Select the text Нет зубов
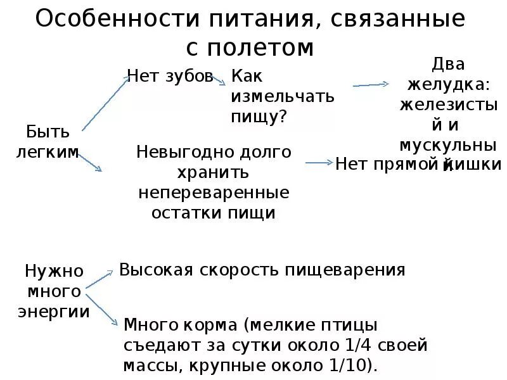coord(170,77)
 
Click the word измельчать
coord(282,97)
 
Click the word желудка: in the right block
coord(448,84)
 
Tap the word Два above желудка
coord(448,64)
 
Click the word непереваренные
coord(214,192)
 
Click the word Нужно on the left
coord(55,272)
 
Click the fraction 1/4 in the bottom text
coord(372,346)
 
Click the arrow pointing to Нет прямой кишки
coord(319,163)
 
